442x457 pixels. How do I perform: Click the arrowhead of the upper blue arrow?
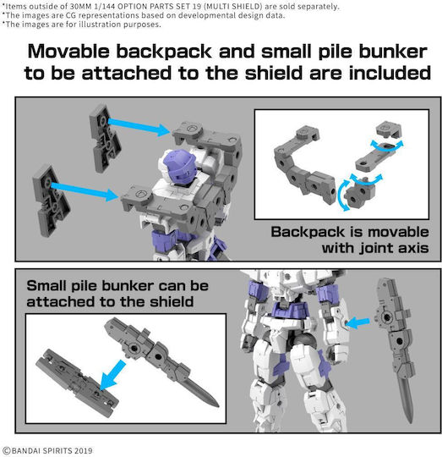(x=164, y=130)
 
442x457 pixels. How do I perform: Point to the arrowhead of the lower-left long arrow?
(x=112, y=195)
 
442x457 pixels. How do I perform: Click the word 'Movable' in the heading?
(x=68, y=52)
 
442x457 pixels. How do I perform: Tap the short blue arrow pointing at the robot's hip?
(x=358, y=323)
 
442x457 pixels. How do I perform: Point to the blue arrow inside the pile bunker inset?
(x=112, y=376)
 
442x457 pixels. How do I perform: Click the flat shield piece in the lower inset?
(x=77, y=379)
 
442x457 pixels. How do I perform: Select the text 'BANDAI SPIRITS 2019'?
(x=52, y=450)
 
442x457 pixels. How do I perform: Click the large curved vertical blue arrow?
(x=341, y=195)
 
